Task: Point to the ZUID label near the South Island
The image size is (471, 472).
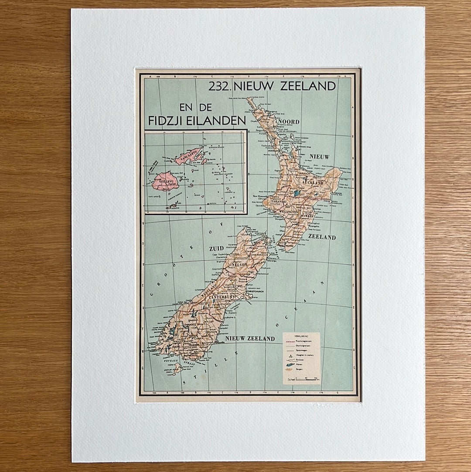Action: click(x=216, y=248)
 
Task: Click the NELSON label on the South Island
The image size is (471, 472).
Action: click(x=239, y=264)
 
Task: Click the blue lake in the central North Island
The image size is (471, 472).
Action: click(x=297, y=193)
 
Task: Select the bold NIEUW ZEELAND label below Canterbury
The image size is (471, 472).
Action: click(x=249, y=338)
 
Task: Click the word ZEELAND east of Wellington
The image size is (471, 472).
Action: click(x=322, y=237)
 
